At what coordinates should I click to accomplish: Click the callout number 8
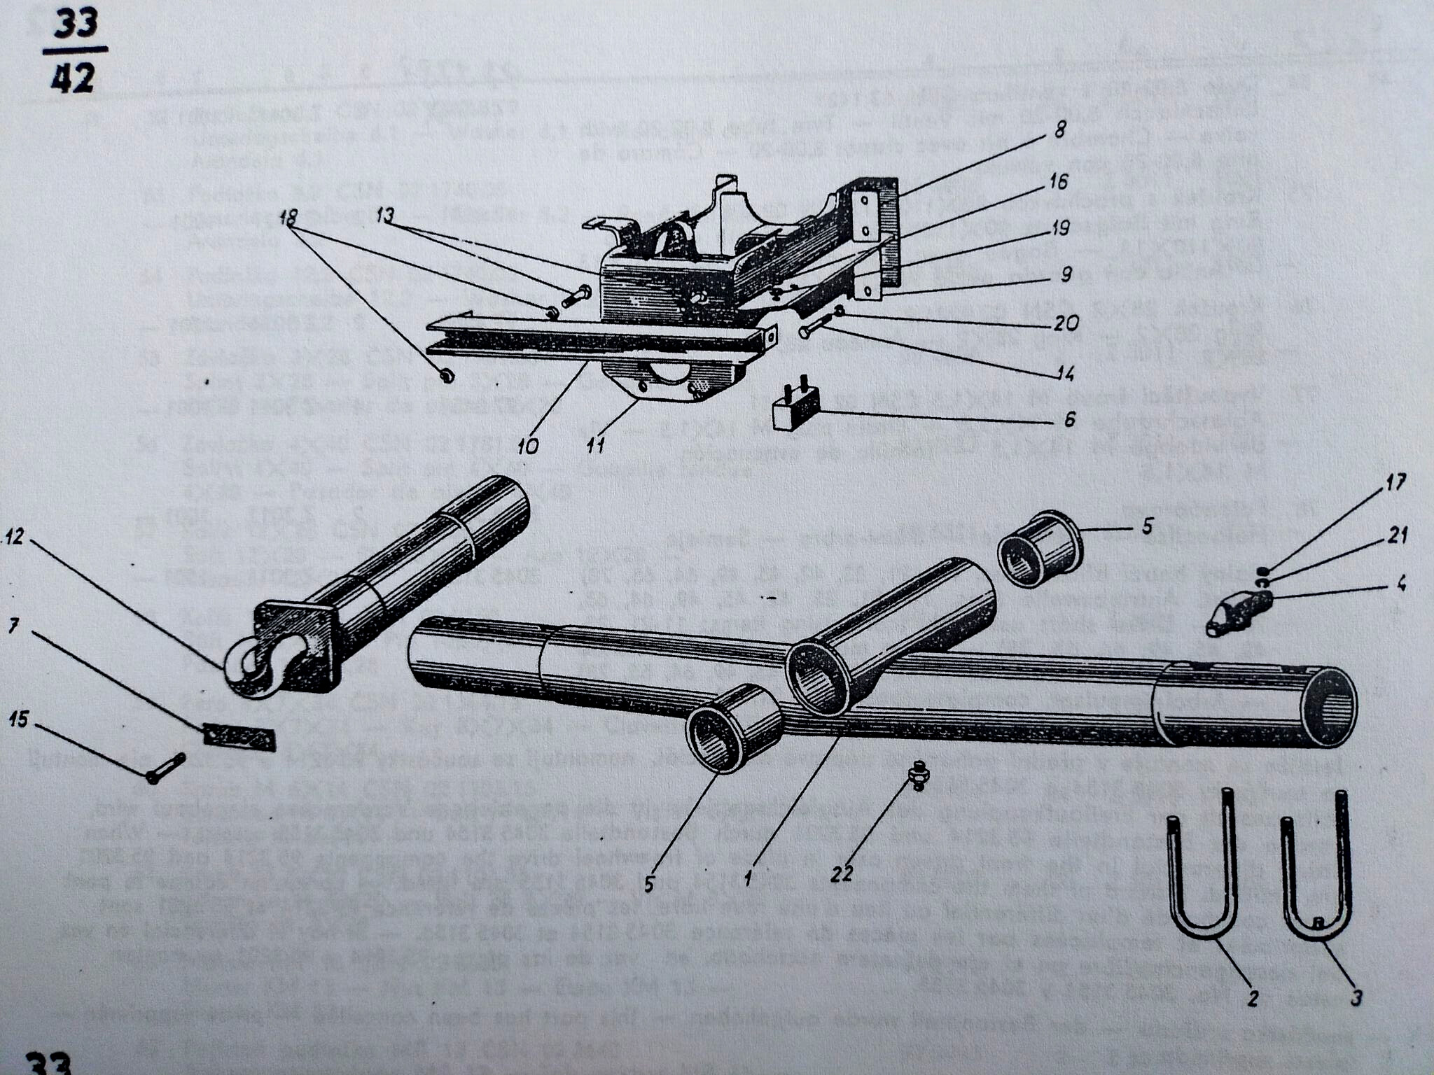coord(1060,129)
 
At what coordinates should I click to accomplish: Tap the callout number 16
coord(1059,182)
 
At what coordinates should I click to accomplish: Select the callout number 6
coord(1069,419)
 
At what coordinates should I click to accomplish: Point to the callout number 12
coord(14,537)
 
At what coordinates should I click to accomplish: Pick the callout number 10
coord(529,446)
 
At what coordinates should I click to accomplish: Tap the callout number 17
coord(1395,482)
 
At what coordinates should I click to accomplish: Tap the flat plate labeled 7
coord(239,736)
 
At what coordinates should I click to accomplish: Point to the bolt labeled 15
coord(165,768)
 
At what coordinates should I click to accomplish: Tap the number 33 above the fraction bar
coord(76,26)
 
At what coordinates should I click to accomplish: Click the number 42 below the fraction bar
coord(72,78)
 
